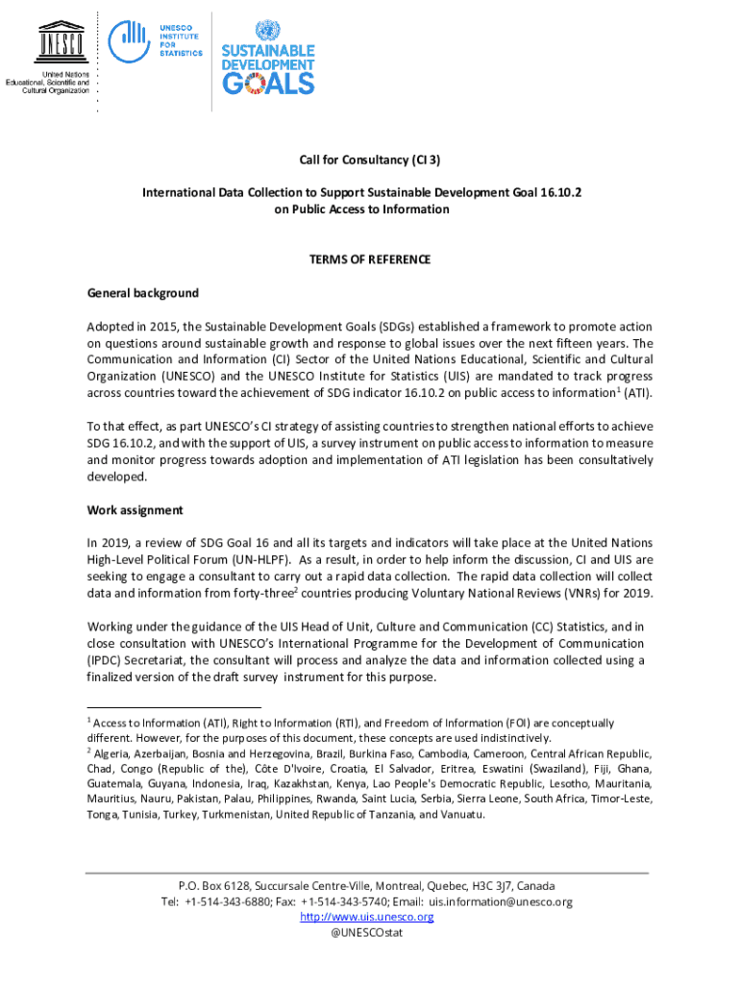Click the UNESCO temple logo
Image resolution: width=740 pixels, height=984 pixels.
tap(60, 38)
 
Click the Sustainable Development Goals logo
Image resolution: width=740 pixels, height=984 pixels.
tap(268, 58)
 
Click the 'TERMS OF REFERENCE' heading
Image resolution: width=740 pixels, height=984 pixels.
tap(369, 259)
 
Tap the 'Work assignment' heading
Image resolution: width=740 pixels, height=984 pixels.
tap(135, 510)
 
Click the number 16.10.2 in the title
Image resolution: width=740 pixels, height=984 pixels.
tap(555, 193)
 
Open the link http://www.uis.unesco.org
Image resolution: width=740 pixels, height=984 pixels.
tap(367, 917)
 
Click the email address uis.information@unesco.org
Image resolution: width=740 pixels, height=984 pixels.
tap(501, 901)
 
